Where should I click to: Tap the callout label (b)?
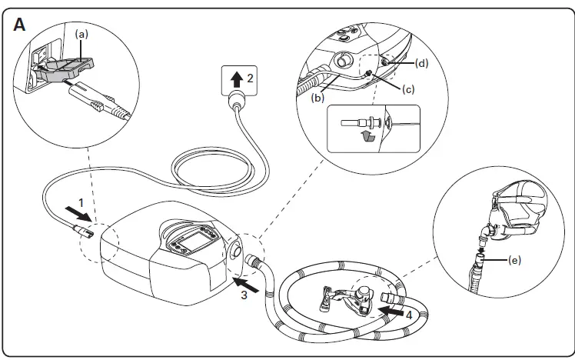pos(316,98)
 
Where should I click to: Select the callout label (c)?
pos(408,89)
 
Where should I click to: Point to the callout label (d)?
pos(420,62)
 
